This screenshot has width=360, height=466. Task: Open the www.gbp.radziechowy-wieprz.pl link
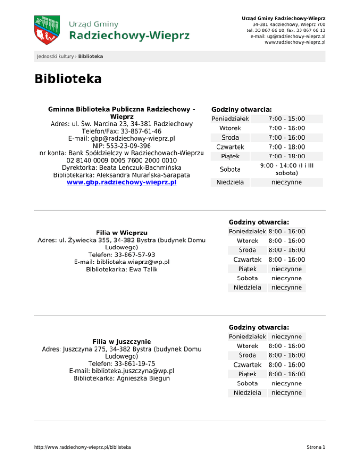(122, 182)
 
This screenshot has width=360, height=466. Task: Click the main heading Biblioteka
(67, 79)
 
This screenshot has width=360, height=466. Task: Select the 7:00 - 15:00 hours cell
(286, 119)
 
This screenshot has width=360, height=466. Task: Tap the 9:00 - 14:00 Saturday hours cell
(286, 169)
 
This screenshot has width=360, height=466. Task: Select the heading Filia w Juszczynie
(121, 342)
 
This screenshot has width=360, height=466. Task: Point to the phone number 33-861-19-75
(133, 363)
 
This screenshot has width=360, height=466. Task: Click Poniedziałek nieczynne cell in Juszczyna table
(286, 337)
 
